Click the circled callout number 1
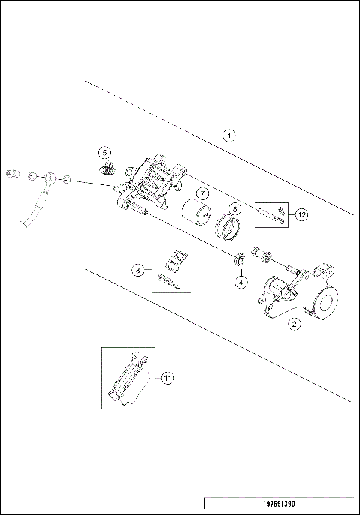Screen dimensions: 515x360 click(x=230, y=136)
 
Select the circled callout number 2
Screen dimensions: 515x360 click(x=295, y=324)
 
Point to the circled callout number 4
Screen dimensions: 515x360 click(x=241, y=283)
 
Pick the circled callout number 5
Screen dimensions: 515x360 click(x=105, y=152)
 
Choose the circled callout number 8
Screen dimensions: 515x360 click(x=235, y=209)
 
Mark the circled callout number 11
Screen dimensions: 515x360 click(x=167, y=377)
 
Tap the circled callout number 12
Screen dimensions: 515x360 click(x=301, y=215)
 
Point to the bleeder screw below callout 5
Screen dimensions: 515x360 click(x=109, y=167)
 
